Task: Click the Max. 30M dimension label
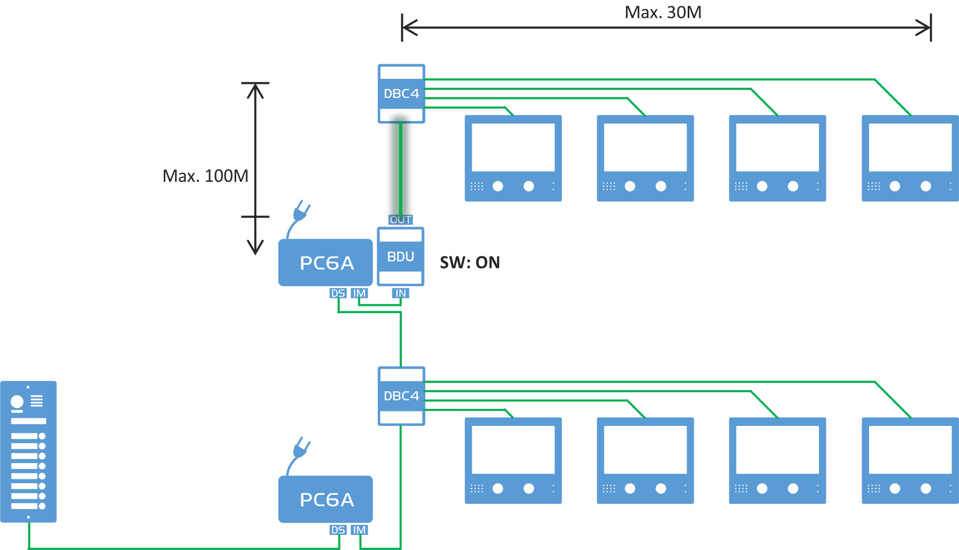[663, 13]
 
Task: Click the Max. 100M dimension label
[205, 176]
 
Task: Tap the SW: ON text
[470, 263]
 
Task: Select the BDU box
[400, 257]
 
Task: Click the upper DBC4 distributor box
[401, 93]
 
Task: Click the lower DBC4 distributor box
[401, 396]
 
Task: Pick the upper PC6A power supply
[326, 263]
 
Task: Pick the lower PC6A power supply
[326, 500]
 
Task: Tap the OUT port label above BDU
[400, 220]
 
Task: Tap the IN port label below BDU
[400, 293]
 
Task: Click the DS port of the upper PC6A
[338, 293]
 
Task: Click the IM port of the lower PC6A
[359, 530]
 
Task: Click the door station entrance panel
[28, 452]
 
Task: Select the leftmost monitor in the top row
[513, 159]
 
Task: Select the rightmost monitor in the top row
[910, 159]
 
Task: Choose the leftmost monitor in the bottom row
[513, 461]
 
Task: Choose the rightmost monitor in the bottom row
[910, 461]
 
